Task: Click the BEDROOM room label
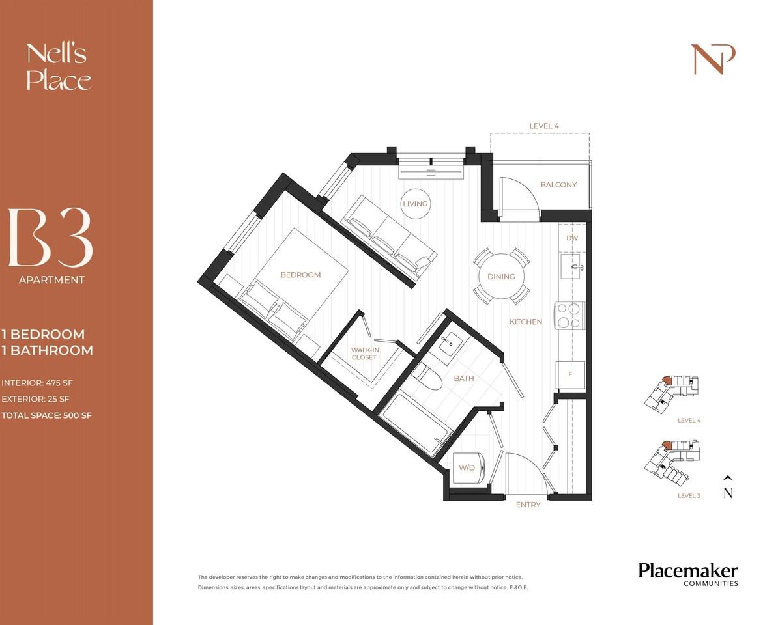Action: pyautogui.click(x=300, y=275)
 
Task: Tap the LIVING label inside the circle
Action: pyautogui.click(x=415, y=204)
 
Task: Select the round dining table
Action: pyautogui.click(x=501, y=277)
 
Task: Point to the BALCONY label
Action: pyautogui.click(x=558, y=184)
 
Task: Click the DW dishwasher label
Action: pyautogui.click(x=572, y=238)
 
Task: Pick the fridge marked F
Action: pyautogui.click(x=570, y=375)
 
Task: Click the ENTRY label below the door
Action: pyautogui.click(x=527, y=505)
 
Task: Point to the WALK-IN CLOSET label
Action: pyautogui.click(x=365, y=354)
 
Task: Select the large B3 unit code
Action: pyautogui.click(x=50, y=238)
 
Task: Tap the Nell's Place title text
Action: pyautogui.click(x=59, y=68)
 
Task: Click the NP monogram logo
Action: pyautogui.click(x=713, y=59)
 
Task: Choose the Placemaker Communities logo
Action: pyautogui.click(x=687, y=574)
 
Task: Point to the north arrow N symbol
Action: pyautogui.click(x=728, y=487)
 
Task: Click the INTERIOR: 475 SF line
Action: pyautogui.click(x=37, y=383)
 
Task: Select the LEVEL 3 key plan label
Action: pyautogui.click(x=689, y=495)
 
